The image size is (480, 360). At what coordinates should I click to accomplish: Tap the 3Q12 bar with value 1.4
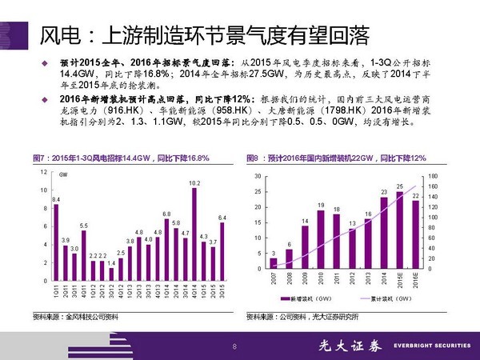pos(111,274)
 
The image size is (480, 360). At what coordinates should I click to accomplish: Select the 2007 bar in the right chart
pos(274,263)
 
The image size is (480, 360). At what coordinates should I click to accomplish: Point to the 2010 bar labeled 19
pos(321,239)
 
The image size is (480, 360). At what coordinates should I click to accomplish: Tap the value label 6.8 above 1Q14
pos(166,214)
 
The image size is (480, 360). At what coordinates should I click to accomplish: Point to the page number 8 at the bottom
pos(234,346)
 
